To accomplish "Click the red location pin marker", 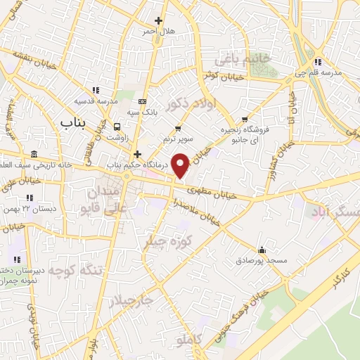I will click(181, 165).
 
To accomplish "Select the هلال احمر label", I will click(158, 32).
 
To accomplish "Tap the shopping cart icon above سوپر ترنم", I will click(178, 128).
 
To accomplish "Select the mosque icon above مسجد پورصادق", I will click(262, 249).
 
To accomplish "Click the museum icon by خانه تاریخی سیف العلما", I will click(34, 154).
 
